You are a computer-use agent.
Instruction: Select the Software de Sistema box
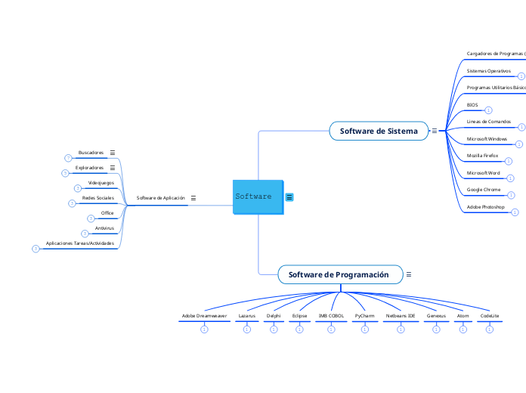pyautogui.click(x=379, y=131)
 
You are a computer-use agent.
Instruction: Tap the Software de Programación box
pyautogui.click(x=339, y=274)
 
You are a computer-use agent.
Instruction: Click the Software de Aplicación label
pyautogui.click(x=160, y=197)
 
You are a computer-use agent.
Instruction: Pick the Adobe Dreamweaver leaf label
pyautogui.click(x=204, y=315)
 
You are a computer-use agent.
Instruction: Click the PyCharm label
pyautogui.click(x=364, y=315)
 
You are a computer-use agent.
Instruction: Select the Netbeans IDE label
pyautogui.click(x=401, y=315)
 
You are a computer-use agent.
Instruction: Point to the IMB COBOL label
pyautogui.click(x=331, y=315)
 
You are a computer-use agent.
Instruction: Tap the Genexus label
pyautogui.click(x=436, y=315)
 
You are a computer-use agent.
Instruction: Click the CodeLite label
pyautogui.click(x=490, y=315)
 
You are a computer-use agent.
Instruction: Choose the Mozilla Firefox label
pyautogui.click(x=482, y=155)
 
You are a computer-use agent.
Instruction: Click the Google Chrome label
pyautogui.click(x=483, y=189)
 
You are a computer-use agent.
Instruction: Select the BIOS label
pyautogui.click(x=472, y=105)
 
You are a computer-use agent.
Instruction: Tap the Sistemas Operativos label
pyautogui.click(x=488, y=70)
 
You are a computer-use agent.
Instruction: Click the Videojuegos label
pyautogui.click(x=101, y=182)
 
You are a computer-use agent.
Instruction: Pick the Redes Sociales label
pyautogui.click(x=98, y=197)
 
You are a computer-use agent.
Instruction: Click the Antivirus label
pyautogui.click(x=104, y=227)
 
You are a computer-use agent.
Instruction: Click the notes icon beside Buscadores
pyautogui.click(x=113, y=153)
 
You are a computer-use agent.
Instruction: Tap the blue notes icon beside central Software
pyautogui.click(x=289, y=197)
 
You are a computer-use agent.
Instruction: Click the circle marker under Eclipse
pyautogui.click(x=299, y=330)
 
